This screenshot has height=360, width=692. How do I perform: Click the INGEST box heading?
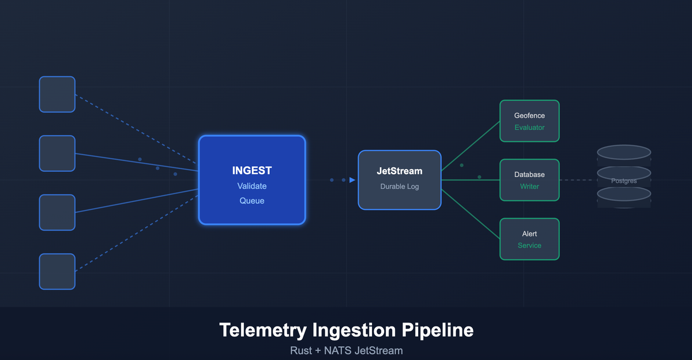pyautogui.click(x=251, y=171)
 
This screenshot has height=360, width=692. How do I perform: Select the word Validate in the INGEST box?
pyautogui.click(x=251, y=186)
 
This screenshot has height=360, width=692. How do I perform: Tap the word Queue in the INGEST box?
pyautogui.click(x=251, y=201)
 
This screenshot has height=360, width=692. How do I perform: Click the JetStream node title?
pyautogui.click(x=399, y=171)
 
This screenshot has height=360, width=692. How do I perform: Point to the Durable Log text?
pyautogui.click(x=399, y=186)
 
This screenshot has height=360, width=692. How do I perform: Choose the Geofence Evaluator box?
pyautogui.click(x=529, y=121)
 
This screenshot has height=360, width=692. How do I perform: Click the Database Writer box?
pyautogui.click(x=529, y=180)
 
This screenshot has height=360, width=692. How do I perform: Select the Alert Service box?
pyautogui.click(x=529, y=239)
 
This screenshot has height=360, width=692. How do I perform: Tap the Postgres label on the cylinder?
pyautogui.click(x=624, y=181)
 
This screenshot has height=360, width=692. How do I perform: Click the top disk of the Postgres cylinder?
pyautogui.click(x=624, y=152)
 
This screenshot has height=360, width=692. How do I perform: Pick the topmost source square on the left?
pyautogui.click(x=57, y=94)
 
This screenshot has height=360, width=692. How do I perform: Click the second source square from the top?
pyautogui.click(x=57, y=153)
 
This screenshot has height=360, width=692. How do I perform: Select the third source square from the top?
pyautogui.click(x=57, y=212)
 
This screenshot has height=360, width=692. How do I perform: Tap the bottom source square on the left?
pyautogui.click(x=57, y=271)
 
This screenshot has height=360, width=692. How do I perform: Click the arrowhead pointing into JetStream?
pyautogui.click(x=352, y=180)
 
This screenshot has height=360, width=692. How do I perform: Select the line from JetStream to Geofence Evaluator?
pyautogui.click(x=471, y=146)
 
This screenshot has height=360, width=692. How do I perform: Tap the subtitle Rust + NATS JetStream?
pyautogui.click(x=346, y=350)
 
